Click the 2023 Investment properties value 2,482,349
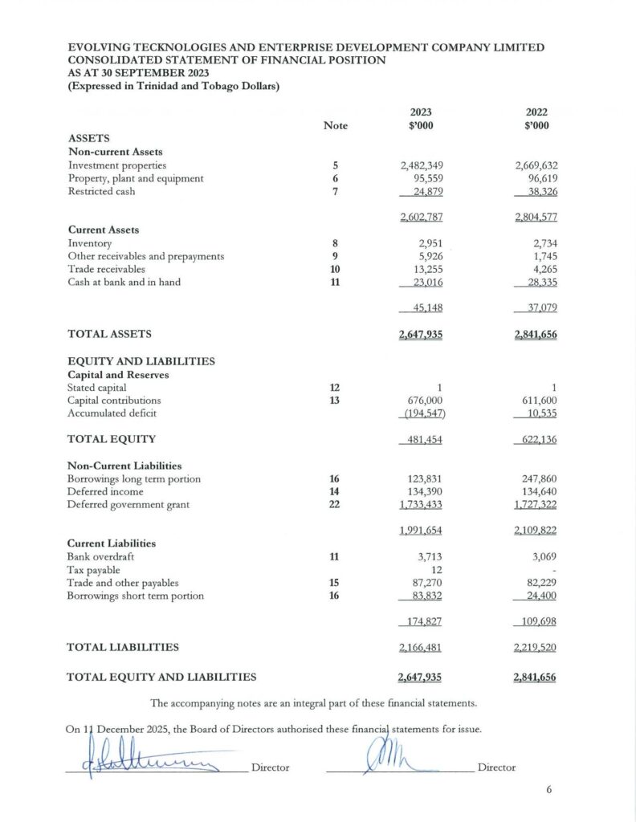point(422,165)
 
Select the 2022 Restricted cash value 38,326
point(536,192)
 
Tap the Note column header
point(335,125)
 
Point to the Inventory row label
point(90,242)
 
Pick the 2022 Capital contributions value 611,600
point(536,400)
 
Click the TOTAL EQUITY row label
point(112,439)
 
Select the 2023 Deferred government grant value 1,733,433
point(422,505)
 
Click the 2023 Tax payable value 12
point(438,569)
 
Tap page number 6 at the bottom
point(549,790)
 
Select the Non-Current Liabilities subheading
point(124,466)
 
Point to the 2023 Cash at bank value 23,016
point(422,283)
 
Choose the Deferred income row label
point(105,491)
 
